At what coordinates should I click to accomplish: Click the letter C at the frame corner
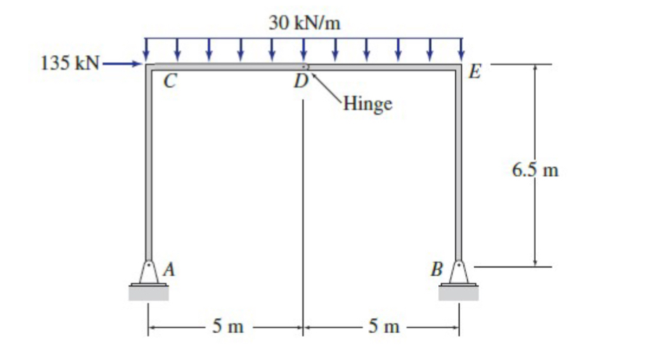[168, 81]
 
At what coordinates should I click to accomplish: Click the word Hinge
[366, 104]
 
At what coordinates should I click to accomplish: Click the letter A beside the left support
[170, 269]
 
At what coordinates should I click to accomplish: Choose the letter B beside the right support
[437, 269]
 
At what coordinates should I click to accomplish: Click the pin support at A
[148, 272]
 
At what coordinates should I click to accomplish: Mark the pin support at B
[459, 272]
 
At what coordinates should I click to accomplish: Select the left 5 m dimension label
[228, 327]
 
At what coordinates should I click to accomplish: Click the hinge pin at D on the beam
[306, 66]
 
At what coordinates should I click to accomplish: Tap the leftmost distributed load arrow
[146, 50]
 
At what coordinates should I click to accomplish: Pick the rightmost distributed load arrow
[462, 50]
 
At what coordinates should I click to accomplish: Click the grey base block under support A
[148, 293]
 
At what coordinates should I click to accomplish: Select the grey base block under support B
[459, 293]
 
